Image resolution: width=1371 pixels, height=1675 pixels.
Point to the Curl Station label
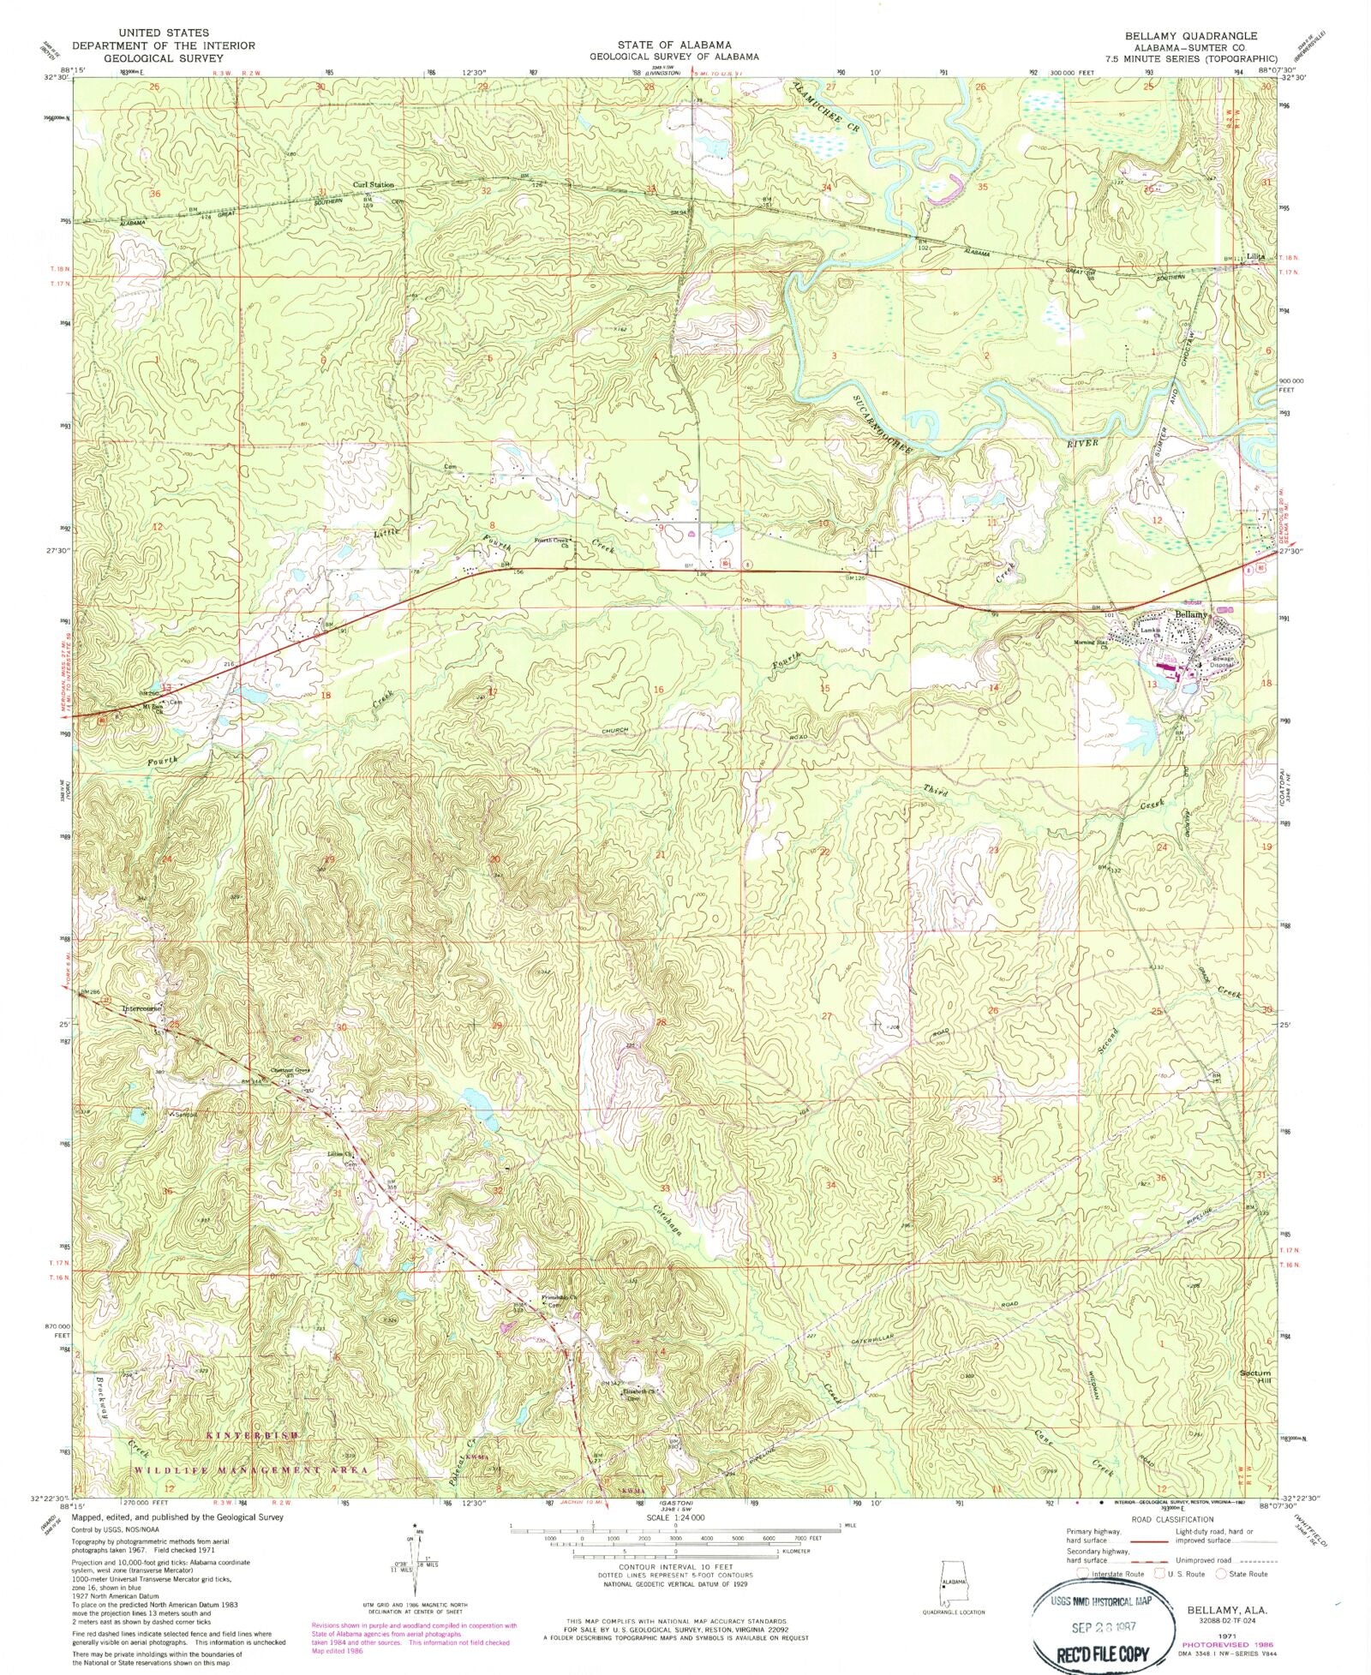374,185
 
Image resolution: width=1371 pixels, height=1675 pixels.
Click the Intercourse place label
141,1008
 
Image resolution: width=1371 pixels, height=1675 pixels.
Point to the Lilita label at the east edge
1255,256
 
